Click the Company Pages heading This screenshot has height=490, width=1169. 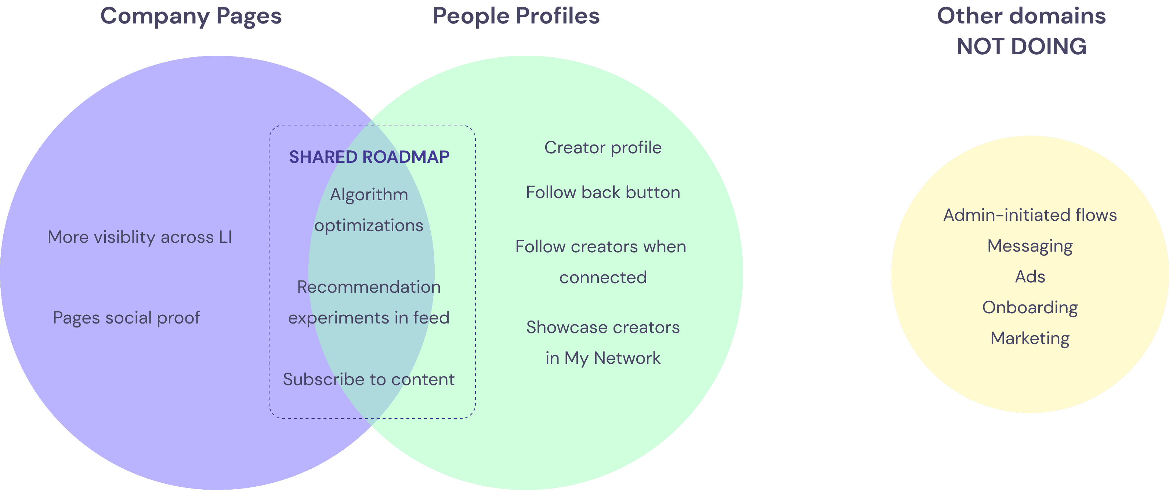coord(191,16)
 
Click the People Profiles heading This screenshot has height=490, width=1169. coord(516,16)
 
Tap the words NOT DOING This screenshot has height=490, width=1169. coord(1021,47)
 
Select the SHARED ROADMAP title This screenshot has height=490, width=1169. coord(369,157)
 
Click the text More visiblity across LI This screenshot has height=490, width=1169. coord(140,237)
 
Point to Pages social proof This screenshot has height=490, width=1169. coord(126,318)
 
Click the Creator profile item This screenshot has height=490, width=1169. coord(602,148)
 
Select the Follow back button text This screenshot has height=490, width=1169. coord(602,193)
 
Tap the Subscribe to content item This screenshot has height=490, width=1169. coord(369,379)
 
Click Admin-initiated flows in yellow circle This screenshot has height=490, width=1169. coord(1030,215)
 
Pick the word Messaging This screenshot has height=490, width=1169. coord(1030,246)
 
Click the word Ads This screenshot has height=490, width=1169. coord(1030,277)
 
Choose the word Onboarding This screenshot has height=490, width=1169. coord(1030,307)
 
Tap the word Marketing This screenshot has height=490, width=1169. coord(1030,338)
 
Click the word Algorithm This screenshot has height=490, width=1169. coord(369,195)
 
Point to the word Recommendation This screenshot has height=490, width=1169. coord(369,287)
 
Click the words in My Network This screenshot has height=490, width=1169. coord(602,358)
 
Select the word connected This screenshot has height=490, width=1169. coord(602,277)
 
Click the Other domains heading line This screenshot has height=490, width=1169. coord(1021,16)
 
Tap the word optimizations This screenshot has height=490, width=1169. coord(369,225)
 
